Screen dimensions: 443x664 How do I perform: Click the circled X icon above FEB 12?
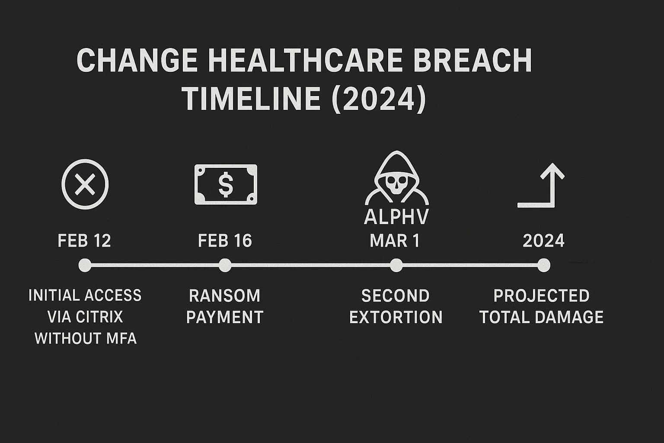(x=85, y=184)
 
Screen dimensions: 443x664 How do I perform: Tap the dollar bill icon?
(x=226, y=184)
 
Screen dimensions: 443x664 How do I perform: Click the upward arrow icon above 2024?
(x=542, y=185)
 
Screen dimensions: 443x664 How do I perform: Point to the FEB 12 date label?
(x=84, y=241)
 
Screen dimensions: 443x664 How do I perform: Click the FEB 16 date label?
(x=225, y=241)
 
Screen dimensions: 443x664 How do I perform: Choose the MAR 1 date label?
(x=395, y=241)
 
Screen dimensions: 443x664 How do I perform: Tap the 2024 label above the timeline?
(x=543, y=241)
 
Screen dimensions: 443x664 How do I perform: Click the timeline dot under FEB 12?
(x=85, y=265)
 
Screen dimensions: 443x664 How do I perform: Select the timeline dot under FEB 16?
(x=225, y=265)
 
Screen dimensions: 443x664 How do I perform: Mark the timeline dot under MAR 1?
(x=396, y=265)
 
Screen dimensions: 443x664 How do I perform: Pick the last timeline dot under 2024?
(x=544, y=265)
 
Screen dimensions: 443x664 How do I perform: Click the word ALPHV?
(x=396, y=217)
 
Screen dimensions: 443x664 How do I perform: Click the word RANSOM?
(x=225, y=296)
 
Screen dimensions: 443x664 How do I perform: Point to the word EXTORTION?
(x=396, y=318)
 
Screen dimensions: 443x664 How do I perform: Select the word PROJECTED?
(x=541, y=296)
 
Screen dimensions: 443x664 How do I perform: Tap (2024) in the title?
(x=379, y=99)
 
